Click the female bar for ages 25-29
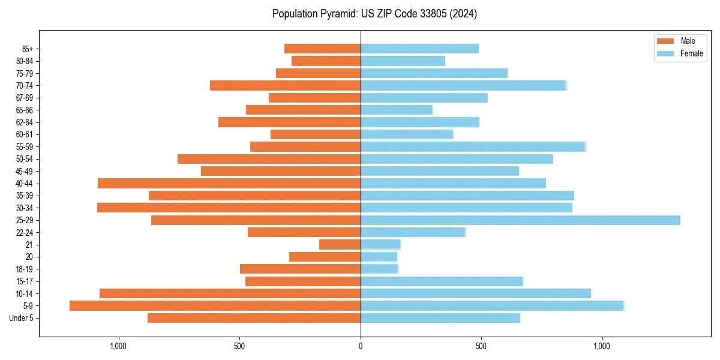tap(520, 220)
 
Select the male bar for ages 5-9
tap(215, 306)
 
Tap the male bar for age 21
tap(340, 245)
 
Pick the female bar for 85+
tap(419, 49)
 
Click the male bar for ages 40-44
tap(229, 183)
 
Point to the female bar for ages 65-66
tap(396, 110)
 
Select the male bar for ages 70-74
tap(285, 86)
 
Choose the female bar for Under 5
tap(440, 318)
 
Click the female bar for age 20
tap(379, 257)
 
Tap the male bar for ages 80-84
tap(326, 61)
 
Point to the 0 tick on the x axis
tap(361, 346)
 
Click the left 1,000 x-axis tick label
tap(118, 346)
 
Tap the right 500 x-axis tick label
tap(481, 346)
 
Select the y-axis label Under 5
tap(21, 318)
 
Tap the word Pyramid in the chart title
tap(337, 14)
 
